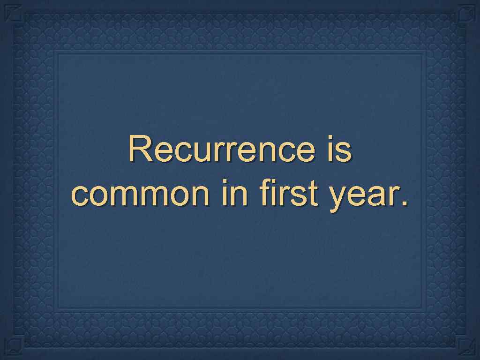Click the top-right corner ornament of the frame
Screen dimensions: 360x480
(467, 13)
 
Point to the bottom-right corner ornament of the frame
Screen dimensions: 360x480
(467, 347)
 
